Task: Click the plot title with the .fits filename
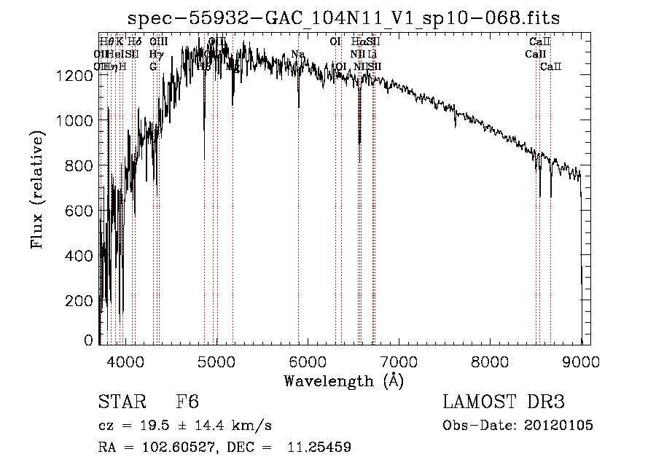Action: (343, 18)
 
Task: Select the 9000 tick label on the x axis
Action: (581, 361)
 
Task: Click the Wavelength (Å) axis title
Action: (343, 380)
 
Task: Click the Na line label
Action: (297, 54)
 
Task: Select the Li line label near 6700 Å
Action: (372, 54)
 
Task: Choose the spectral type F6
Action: (187, 403)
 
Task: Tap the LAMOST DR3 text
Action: (504, 403)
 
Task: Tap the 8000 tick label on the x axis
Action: (490, 361)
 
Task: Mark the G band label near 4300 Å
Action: (153, 66)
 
